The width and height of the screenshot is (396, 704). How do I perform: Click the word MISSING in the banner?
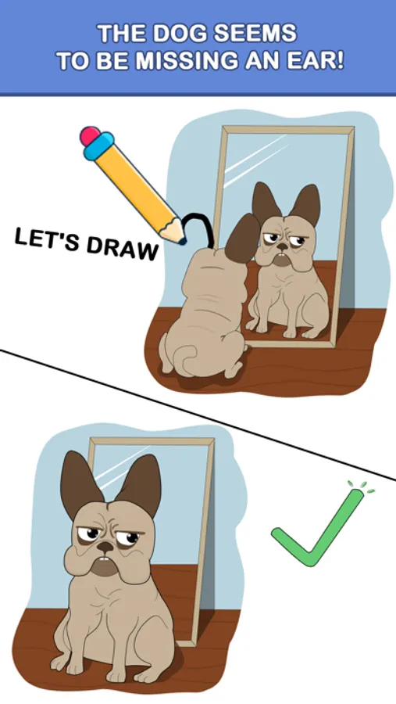[186, 60]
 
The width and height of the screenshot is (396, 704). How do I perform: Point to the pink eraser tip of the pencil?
[89, 135]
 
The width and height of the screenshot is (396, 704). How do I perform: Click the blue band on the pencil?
[99, 146]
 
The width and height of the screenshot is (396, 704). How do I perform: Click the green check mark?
[318, 529]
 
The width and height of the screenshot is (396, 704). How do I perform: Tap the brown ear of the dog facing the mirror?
[243, 239]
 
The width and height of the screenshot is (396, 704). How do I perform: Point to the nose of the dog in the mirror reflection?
[282, 246]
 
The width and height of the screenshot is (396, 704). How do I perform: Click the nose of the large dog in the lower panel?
[105, 546]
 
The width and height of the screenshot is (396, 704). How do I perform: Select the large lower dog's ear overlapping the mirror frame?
[139, 485]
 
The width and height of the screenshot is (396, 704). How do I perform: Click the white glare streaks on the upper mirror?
[255, 160]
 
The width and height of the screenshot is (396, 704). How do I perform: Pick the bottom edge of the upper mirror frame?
[289, 344]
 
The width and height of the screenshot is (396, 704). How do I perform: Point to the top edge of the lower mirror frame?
[152, 440]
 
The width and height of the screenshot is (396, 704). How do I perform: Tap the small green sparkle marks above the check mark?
[362, 487]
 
